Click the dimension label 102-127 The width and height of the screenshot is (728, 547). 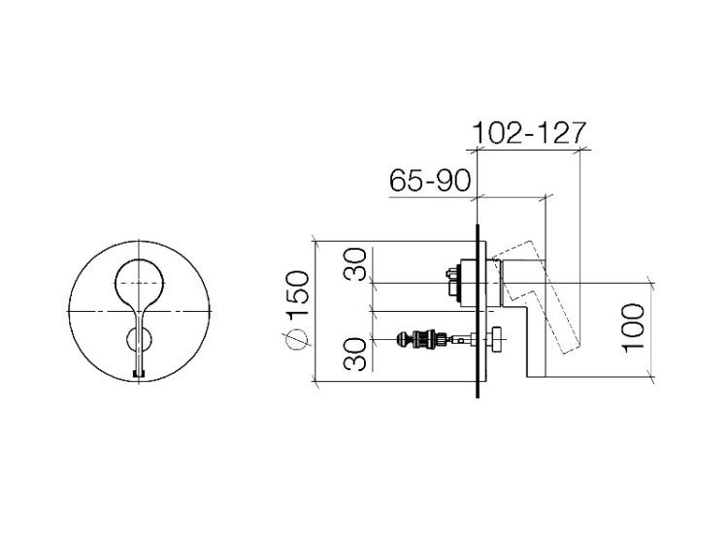[529, 133]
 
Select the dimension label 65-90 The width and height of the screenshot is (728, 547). [430, 181]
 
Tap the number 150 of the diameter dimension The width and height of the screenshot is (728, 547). [298, 293]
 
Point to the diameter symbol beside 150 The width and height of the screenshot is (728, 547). [298, 338]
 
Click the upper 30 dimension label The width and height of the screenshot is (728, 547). [355, 264]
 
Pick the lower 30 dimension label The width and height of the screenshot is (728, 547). [355, 354]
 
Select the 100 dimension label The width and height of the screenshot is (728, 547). [632, 328]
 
